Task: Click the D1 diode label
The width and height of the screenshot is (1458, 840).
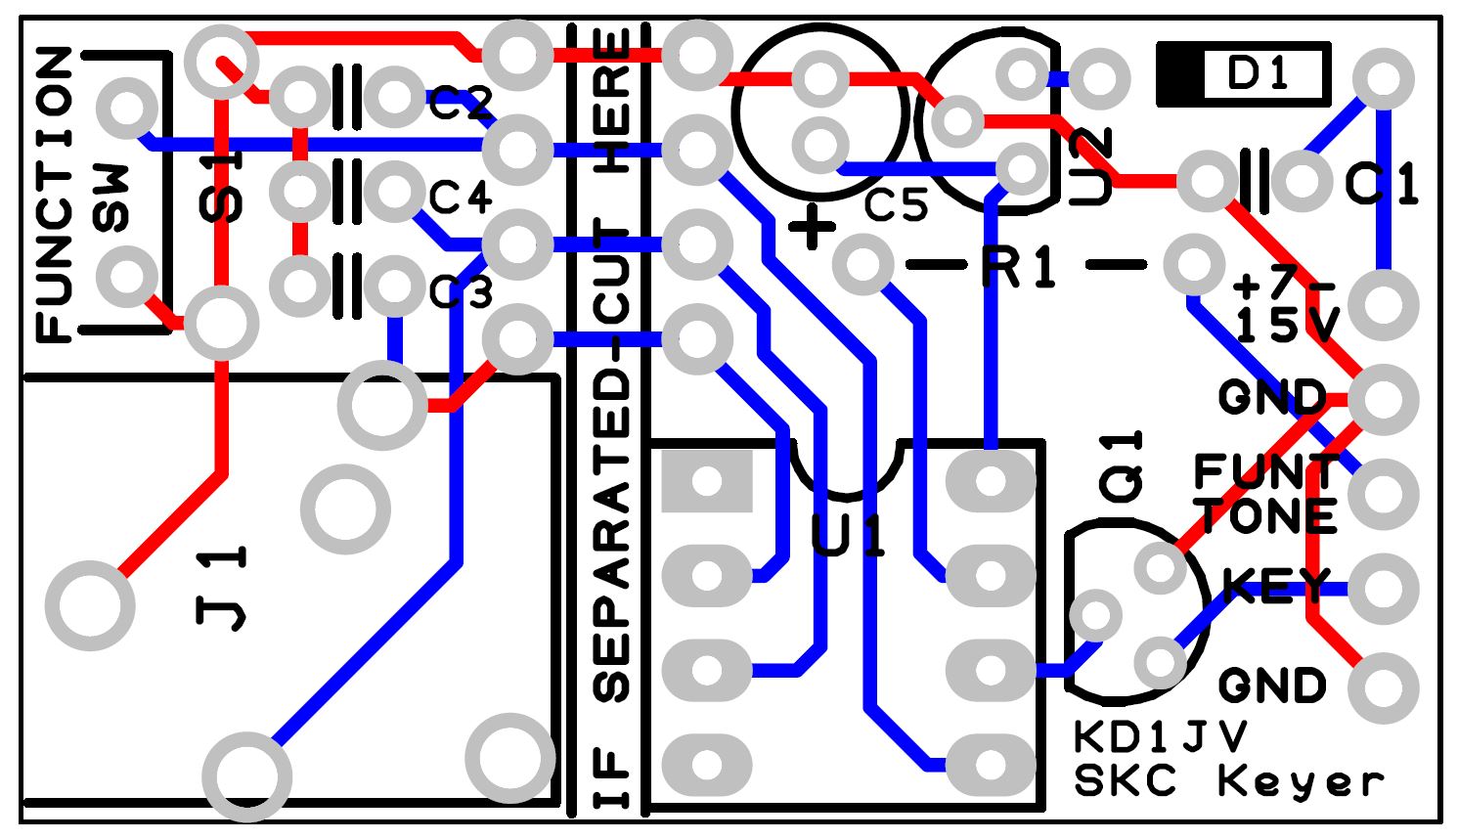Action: coord(1259,73)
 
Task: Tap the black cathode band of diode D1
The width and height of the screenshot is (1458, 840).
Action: coord(1179,73)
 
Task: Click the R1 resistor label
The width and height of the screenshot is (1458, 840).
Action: coord(1021,266)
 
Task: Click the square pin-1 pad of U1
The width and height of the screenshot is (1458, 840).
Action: coord(707,481)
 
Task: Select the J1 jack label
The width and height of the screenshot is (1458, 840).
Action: coord(223,587)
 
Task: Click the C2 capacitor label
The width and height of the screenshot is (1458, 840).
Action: coord(460,103)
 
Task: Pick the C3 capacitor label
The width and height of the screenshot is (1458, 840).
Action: coord(461,290)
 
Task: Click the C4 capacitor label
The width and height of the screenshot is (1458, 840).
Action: coord(460,199)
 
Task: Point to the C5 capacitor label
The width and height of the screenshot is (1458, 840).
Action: coord(896,205)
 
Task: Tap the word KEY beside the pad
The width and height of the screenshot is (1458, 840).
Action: coord(1275,587)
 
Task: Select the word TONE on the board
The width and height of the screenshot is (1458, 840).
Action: coord(1267,516)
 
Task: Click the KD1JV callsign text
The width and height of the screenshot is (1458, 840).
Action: coord(1160,736)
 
